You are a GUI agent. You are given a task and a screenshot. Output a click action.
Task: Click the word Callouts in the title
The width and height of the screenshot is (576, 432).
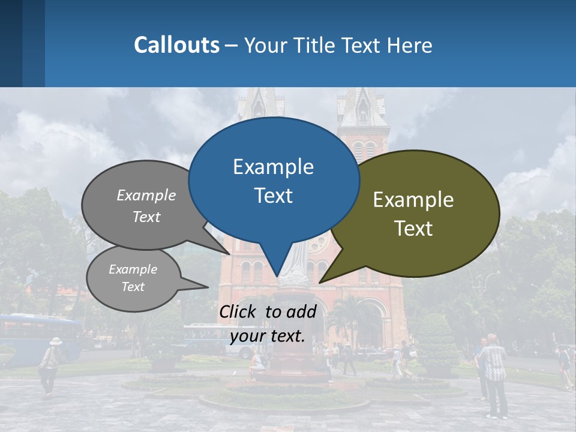tap(176, 45)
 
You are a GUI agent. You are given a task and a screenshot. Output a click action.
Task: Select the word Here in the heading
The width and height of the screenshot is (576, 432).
tap(410, 46)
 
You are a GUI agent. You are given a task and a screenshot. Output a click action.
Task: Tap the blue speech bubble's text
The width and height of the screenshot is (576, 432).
tap(273, 181)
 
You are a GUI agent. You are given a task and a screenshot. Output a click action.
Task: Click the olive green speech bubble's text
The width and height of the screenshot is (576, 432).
tap(413, 214)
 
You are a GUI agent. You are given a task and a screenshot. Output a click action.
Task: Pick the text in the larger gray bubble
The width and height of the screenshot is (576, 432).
tap(146, 206)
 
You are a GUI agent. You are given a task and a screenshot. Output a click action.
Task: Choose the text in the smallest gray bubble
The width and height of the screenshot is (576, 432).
tap(133, 278)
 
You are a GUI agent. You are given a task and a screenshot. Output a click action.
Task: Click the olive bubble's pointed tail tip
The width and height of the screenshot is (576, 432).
tap(320, 282)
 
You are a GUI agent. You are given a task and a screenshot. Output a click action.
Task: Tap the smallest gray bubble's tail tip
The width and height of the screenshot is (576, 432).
tap(208, 287)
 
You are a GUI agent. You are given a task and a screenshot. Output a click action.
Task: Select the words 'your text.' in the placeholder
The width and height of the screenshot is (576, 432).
tap(267, 336)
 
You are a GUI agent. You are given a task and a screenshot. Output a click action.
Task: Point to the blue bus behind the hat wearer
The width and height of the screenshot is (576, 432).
tap(36, 336)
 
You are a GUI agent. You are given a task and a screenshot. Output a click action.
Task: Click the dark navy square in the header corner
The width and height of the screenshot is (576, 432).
tap(11, 43)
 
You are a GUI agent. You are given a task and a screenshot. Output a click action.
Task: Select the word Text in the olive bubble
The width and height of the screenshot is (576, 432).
tap(414, 229)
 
